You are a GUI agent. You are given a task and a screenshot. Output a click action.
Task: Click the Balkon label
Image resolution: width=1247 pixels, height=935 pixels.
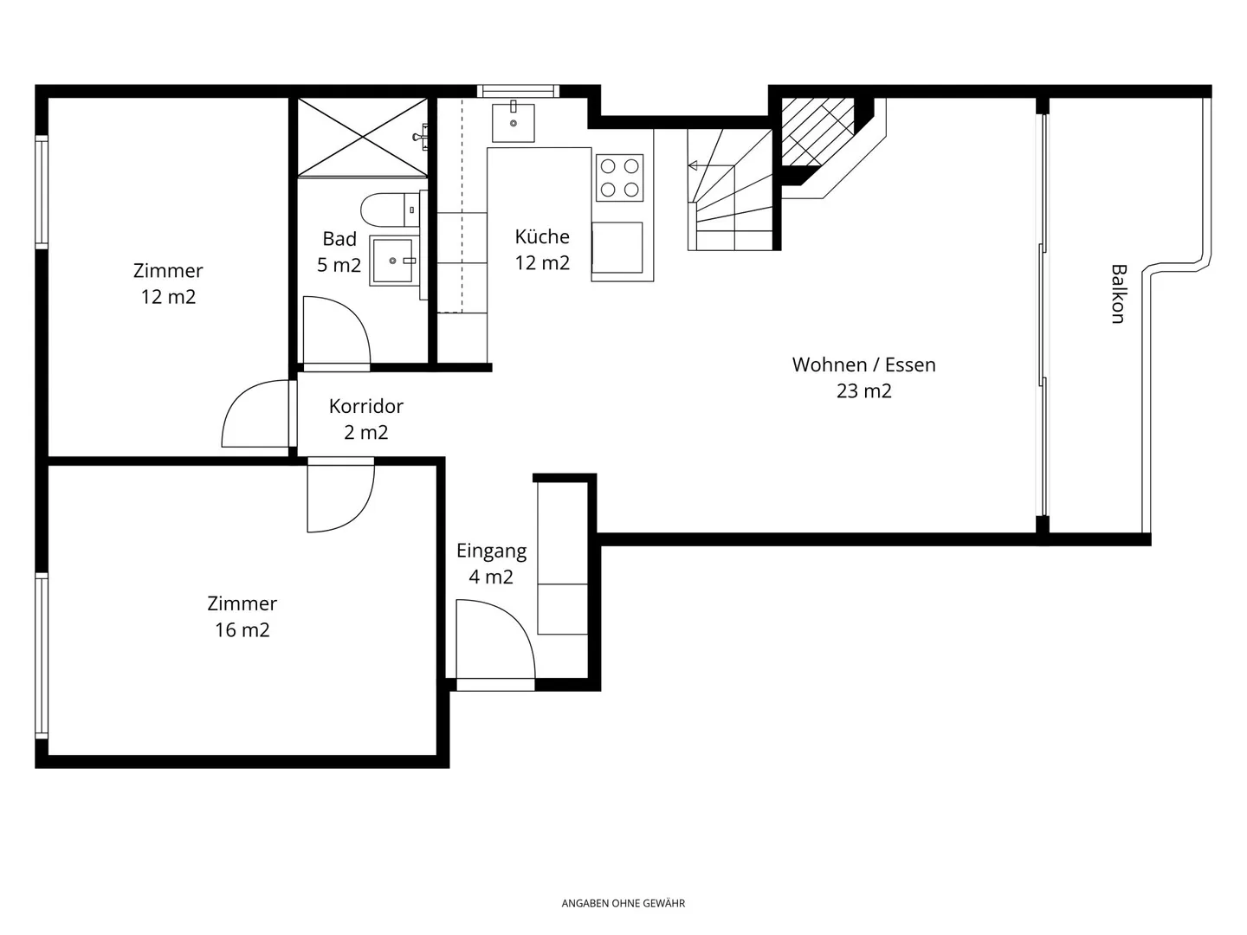tap(1118, 293)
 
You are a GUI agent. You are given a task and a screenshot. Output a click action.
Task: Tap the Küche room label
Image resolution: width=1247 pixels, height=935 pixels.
tap(542, 236)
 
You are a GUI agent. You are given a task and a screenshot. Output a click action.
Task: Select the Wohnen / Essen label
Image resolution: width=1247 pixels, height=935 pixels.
tap(863, 364)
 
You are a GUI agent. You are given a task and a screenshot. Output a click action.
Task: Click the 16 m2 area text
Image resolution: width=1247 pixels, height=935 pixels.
tap(242, 629)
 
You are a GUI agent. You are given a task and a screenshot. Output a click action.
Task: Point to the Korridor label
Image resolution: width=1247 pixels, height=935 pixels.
tap(365, 406)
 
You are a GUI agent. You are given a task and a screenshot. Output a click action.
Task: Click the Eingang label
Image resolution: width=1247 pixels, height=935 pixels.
tap(491, 551)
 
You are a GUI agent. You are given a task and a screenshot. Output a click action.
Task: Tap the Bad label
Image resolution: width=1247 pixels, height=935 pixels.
tap(339, 239)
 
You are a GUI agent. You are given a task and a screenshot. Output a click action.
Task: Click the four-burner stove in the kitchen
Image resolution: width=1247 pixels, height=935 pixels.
tap(619, 177)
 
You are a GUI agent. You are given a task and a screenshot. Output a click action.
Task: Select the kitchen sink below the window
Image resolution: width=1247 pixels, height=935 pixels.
tap(513, 121)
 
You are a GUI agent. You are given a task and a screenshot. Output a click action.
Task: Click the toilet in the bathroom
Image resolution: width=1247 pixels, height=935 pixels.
tap(391, 210)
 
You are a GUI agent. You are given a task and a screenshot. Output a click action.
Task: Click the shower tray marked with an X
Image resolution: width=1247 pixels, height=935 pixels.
tap(363, 137)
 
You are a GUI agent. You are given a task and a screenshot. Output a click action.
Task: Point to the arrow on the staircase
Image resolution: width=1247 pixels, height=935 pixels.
tap(710, 165)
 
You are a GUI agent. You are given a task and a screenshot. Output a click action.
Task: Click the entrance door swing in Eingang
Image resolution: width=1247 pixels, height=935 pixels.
tap(495, 639)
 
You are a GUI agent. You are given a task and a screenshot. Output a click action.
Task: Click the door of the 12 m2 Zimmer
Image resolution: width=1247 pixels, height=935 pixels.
tap(255, 413)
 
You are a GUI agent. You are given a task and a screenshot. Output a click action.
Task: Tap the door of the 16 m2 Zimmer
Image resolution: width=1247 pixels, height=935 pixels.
tap(341, 495)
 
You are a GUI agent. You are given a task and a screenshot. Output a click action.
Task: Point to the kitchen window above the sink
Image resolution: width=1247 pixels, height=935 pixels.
tap(518, 91)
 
